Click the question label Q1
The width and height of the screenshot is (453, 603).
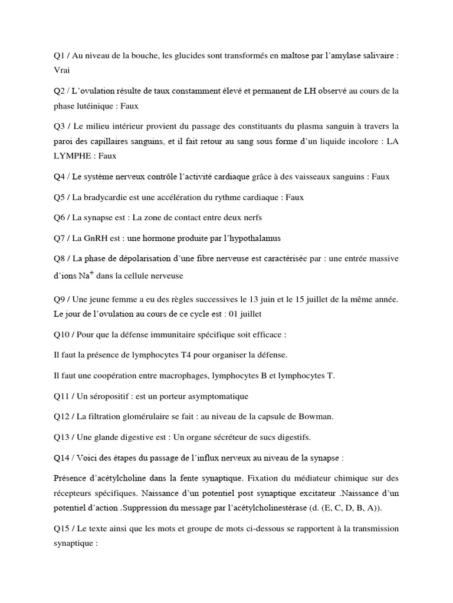[59, 55]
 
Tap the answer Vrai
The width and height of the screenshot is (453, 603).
[61, 70]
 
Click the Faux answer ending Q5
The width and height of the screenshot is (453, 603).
[294, 197]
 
